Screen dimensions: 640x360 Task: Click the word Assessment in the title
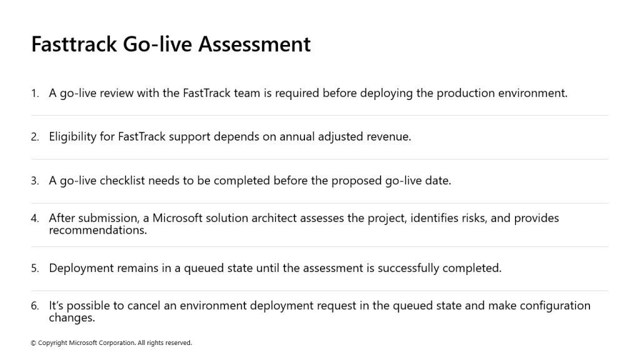pos(254,44)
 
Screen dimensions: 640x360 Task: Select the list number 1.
pos(35,94)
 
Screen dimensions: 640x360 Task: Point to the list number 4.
pos(35,218)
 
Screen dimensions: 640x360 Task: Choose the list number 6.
pos(35,306)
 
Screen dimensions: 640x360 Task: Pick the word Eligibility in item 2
pos(72,137)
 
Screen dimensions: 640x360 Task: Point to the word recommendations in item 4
pos(97,230)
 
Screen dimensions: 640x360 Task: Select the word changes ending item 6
pos(72,318)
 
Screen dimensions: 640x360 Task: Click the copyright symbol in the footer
pos(34,343)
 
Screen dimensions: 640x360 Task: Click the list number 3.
pos(35,181)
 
